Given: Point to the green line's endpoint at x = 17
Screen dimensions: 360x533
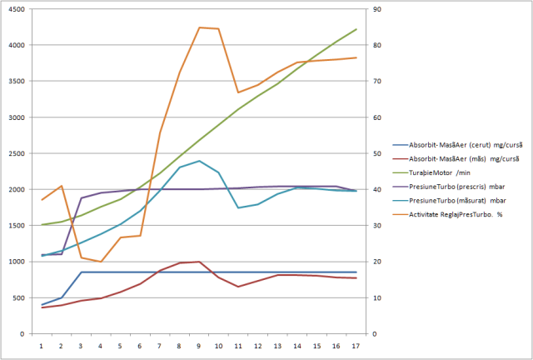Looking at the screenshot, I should (x=356, y=29).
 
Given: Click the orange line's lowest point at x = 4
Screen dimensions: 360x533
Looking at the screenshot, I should (x=101, y=262).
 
